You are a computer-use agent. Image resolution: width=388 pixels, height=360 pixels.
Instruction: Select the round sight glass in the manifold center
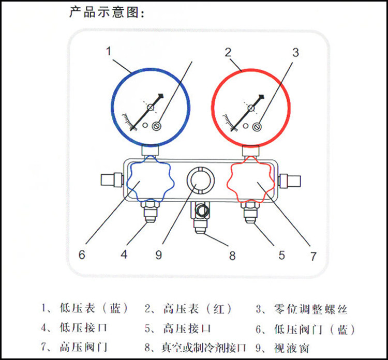coord(199,181)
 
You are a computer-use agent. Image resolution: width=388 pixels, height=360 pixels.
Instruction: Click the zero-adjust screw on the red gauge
coord(257,126)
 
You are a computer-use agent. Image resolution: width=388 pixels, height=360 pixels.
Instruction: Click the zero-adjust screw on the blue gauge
coord(158,126)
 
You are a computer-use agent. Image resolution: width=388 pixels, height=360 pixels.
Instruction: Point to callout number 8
coord(232,256)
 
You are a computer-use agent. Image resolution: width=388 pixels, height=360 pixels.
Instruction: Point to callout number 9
coord(158,254)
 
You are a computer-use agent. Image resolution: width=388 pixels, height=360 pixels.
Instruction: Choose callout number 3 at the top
coord(295,52)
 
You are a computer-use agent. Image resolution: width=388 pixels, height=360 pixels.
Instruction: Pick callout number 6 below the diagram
coord(81,255)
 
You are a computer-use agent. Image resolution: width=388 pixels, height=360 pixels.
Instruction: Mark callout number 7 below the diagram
coord(313,256)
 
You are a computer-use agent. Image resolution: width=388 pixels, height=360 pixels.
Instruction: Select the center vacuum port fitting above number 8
coord(200,217)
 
